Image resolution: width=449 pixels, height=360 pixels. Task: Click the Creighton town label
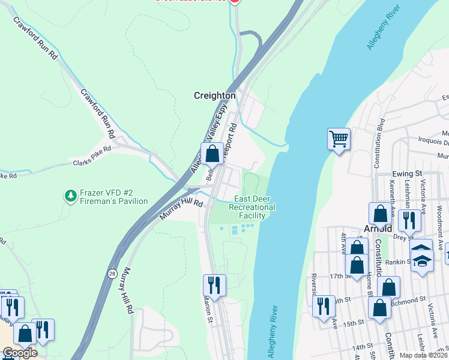pyautogui.click(x=214, y=95)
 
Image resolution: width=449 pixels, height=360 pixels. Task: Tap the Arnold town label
pyautogui.click(x=378, y=229)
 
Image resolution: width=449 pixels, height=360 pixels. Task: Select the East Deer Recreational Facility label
pyautogui.click(x=255, y=207)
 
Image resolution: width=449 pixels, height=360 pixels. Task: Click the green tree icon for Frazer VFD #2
pyautogui.click(x=71, y=196)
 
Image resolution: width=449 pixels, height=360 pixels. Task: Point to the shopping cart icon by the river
pyautogui.click(x=339, y=139)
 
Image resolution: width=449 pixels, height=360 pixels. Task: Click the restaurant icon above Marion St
pyautogui.click(x=214, y=284)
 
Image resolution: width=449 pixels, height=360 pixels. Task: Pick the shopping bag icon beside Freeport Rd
pyautogui.click(x=212, y=154)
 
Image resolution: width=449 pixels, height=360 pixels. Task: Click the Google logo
pyautogui.click(x=20, y=353)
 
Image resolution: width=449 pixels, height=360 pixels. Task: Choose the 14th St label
pyautogui.click(x=362, y=347)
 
